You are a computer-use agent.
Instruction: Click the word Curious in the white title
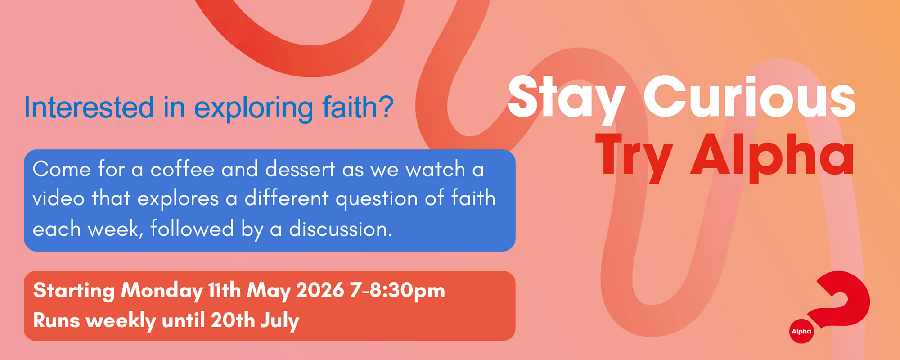pyautogui.click(x=750, y=96)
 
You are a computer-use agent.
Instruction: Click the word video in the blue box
pyautogui.click(x=58, y=198)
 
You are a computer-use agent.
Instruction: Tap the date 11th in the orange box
pyautogui.click(x=225, y=290)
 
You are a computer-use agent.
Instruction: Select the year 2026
pyautogui.click(x=320, y=290)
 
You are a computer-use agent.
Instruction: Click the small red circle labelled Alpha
pyautogui.click(x=801, y=331)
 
